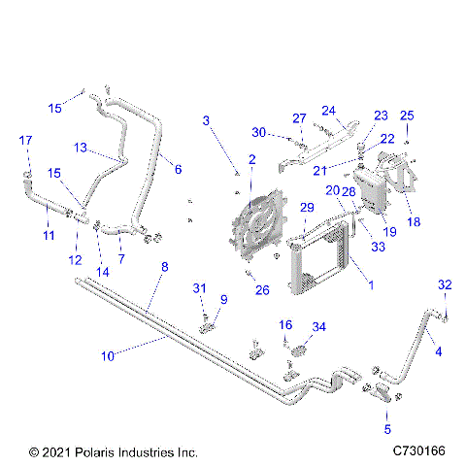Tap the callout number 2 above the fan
(251, 158)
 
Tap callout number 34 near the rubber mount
(318, 325)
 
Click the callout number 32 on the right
(446, 284)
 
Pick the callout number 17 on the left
(25, 142)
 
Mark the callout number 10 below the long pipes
(113, 356)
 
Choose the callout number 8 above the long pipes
(165, 266)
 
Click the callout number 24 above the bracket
(328, 110)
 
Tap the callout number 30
(258, 132)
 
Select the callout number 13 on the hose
(82, 149)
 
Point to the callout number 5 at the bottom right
(388, 428)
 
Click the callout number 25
(407, 115)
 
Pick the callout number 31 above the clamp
(199, 287)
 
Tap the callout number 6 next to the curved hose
(178, 169)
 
